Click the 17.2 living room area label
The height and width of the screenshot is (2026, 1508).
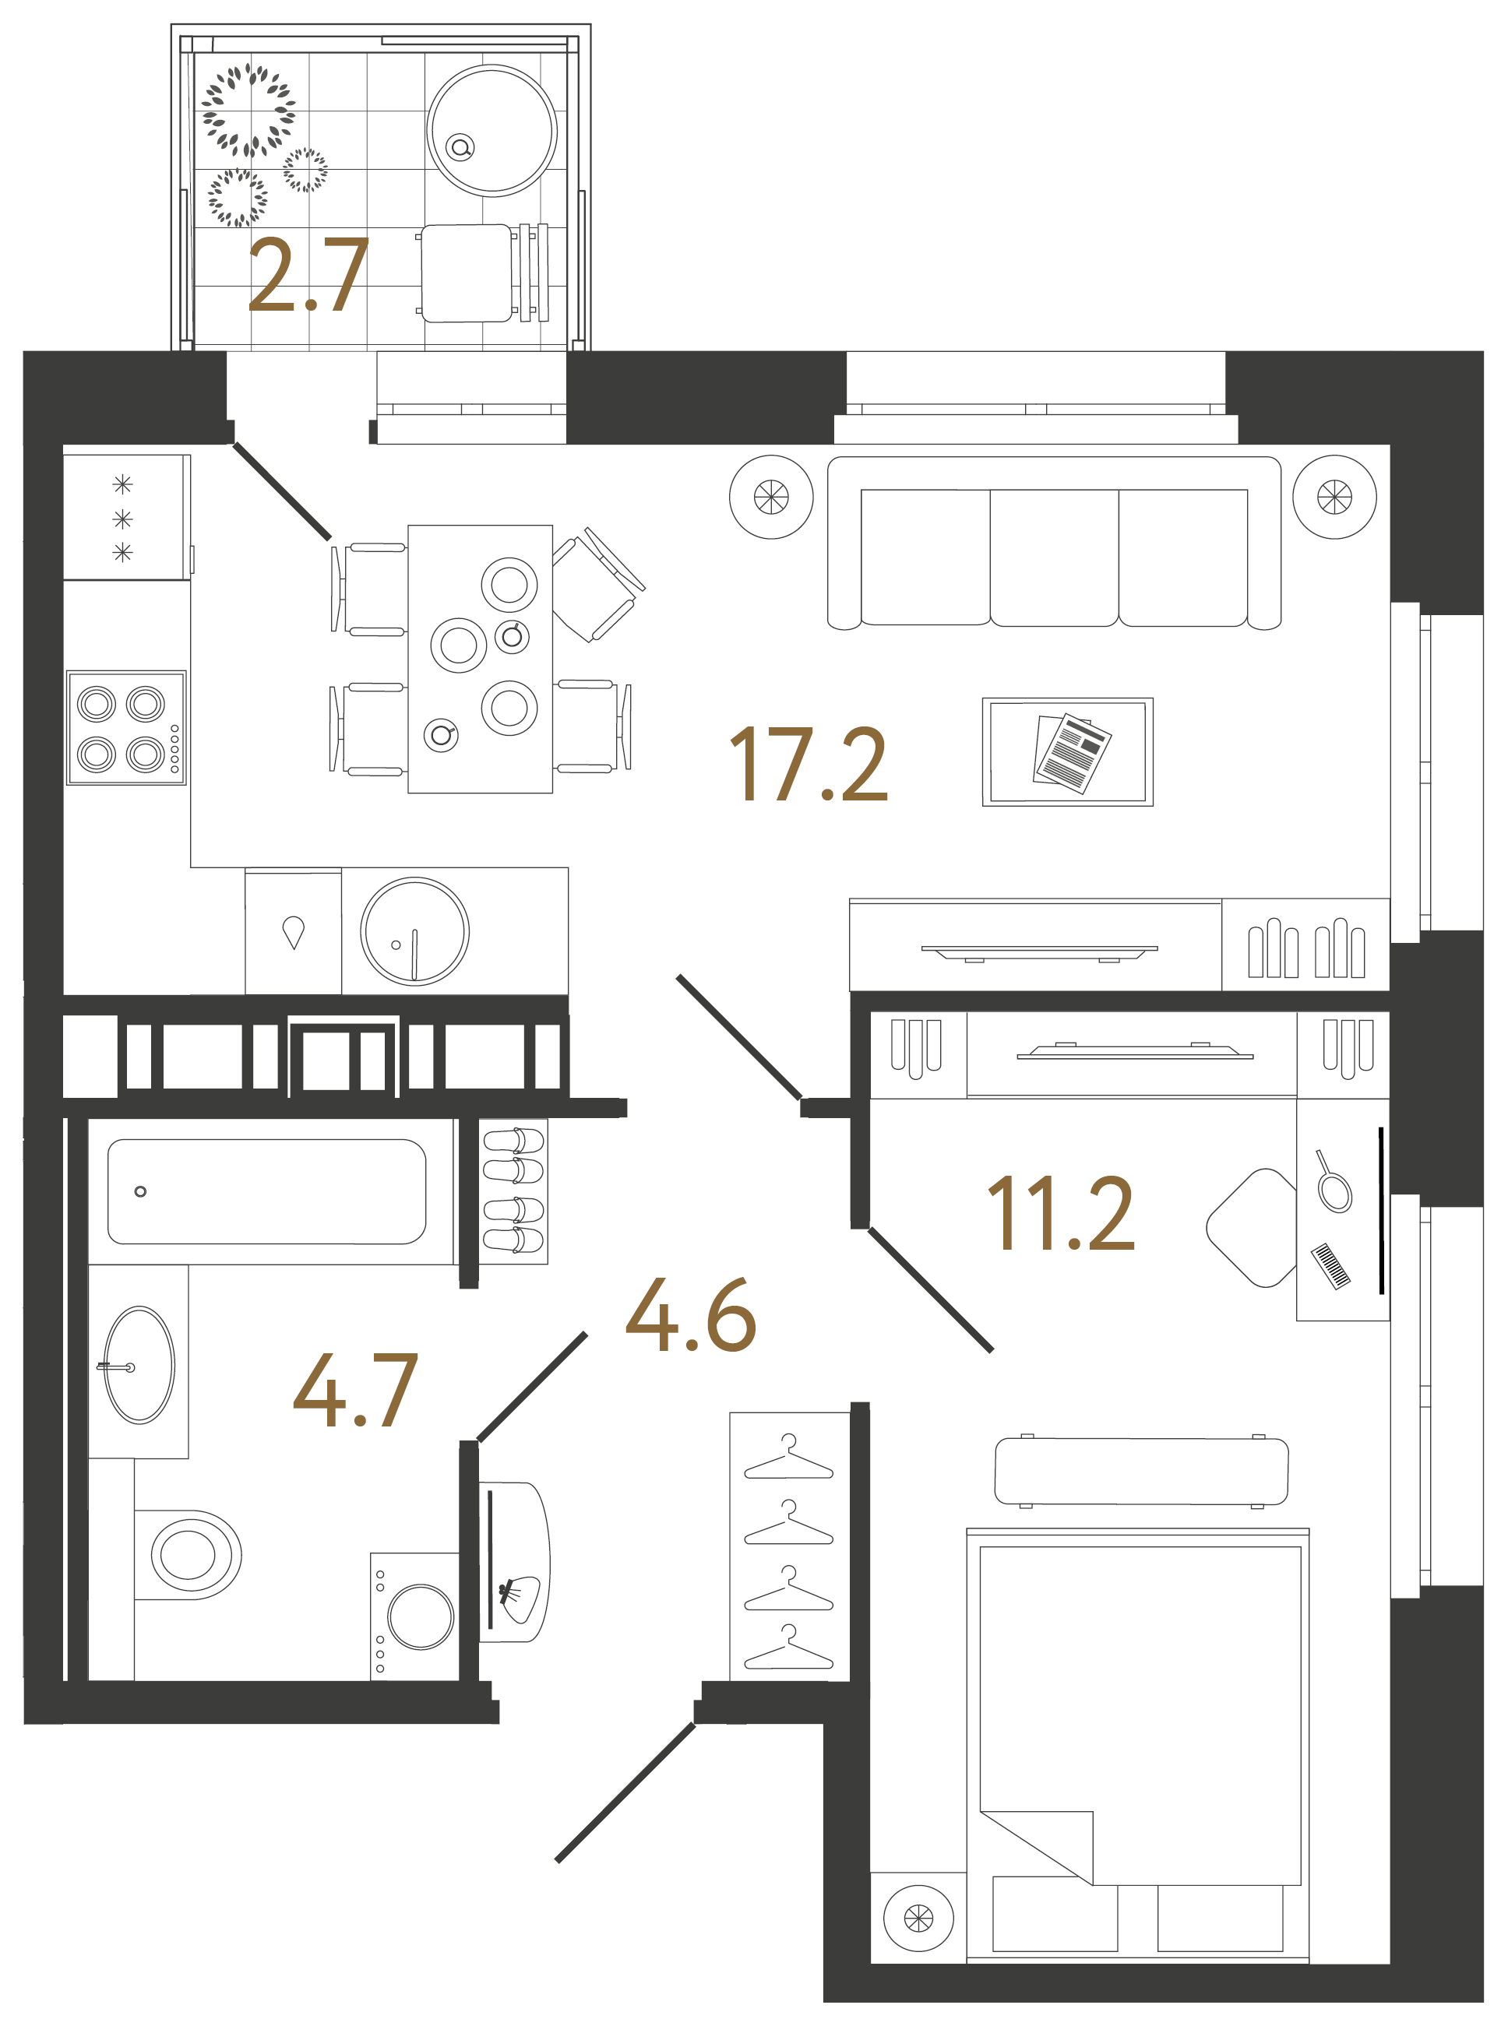[809, 765]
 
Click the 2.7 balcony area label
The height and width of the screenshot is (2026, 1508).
[308, 274]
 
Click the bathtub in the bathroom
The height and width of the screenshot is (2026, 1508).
[266, 1191]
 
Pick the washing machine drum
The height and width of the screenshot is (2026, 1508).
[420, 1616]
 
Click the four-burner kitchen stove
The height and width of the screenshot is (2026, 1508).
[126, 728]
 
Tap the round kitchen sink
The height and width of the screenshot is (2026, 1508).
[414, 932]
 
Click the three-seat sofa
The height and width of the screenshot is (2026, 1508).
[1055, 543]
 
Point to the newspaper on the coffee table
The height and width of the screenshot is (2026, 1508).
[1073, 752]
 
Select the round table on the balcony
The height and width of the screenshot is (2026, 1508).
[492, 131]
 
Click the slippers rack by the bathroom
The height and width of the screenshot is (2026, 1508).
[513, 1191]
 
